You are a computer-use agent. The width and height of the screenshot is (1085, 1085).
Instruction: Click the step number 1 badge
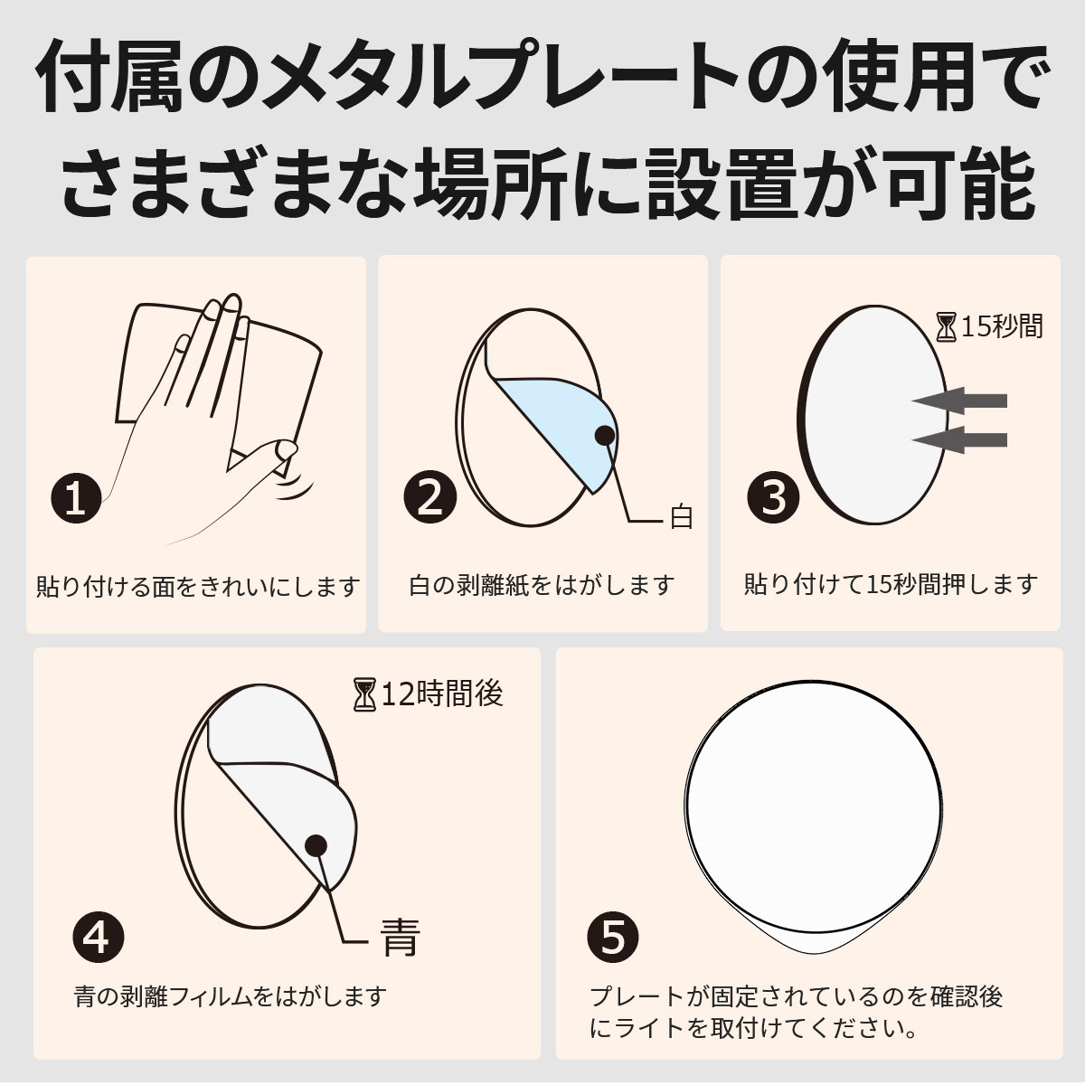(x=76, y=499)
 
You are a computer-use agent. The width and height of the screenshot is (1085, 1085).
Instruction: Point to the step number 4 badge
(x=98, y=937)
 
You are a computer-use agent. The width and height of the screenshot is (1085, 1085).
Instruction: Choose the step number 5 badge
(x=613, y=937)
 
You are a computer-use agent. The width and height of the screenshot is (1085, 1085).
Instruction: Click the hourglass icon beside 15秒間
(x=947, y=328)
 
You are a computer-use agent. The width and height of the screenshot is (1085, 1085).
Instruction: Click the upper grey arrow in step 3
(x=959, y=401)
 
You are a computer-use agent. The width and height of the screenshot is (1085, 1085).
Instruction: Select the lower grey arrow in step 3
(x=959, y=439)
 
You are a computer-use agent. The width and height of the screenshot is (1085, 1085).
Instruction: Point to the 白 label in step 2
(x=681, y=517)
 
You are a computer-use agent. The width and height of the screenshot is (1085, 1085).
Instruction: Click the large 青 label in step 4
(x=401, y=938)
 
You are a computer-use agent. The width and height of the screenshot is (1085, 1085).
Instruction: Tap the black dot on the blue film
(x=605, y=434)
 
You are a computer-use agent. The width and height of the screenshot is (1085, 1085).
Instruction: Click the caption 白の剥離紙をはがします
(x=542, y=586)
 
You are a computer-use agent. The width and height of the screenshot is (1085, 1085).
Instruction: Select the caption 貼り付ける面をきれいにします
(x=198, y=587)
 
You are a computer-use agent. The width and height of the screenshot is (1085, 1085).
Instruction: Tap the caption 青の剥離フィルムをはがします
(x=231, y=996)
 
